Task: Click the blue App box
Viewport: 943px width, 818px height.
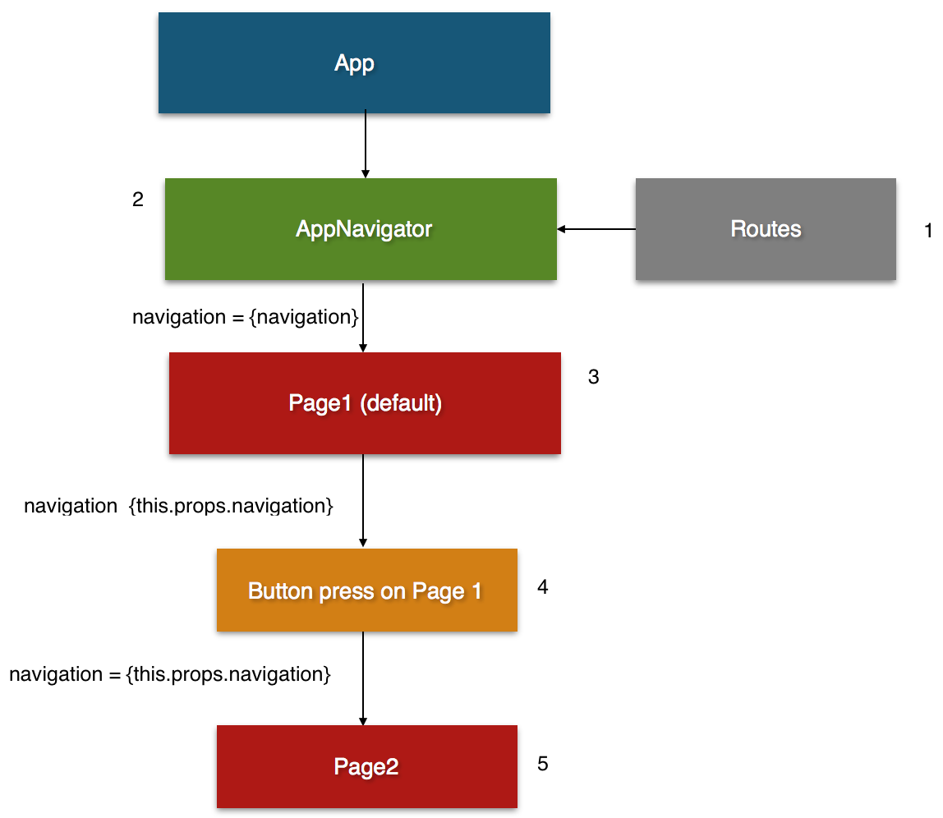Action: pyautogui.click(x=354, y=62)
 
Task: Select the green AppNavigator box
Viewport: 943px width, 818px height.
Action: pyautogui.click(x=361, y=229)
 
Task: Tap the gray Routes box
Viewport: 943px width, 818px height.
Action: pyautogui.click(x=766, y=229)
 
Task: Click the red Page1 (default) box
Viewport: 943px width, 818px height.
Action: pyautogui.click(x=365, y=403)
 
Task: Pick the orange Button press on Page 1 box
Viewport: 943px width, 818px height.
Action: pyautogui.click(x=366, y=591)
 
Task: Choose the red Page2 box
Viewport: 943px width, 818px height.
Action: pyautogui.click(x=366, y=767)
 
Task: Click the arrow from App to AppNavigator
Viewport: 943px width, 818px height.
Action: pyautogui.click(x=366, y=145)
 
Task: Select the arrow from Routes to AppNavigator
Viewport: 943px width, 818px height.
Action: pyautogui.click(x=596, y=229)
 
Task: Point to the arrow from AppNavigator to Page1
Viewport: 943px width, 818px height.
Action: pyautogui.click(x=363, y=316)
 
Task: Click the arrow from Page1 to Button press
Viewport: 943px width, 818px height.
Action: pyautogui.click(x=363, y=501)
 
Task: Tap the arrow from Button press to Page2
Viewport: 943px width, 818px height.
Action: pyautogui.click(x=363, y=678)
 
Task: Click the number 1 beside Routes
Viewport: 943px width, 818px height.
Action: pyautogui.click(x=928, y=232)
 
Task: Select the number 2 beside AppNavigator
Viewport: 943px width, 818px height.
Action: pyautogui.click(x=137, y=200)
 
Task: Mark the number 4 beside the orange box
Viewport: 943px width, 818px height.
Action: pyautogui.click(x=542, y=587)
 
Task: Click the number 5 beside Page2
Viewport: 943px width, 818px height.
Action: pyautogui.click(x=542, y=764)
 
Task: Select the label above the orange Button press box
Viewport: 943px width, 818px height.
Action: pyautogui.click(x=178, y=506)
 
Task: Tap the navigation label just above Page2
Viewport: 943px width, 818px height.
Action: pyautogui.click(x=170, y=674)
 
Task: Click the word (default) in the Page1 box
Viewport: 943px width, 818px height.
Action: pyautogui.click(x=401, y=403)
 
